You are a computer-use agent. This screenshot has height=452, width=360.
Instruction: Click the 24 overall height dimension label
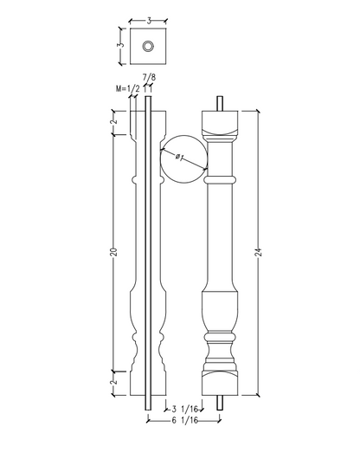[258, 252]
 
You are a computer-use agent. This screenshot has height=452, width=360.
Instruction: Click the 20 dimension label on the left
[114, 252]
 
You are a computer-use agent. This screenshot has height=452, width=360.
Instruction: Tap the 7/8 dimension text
[149, 77]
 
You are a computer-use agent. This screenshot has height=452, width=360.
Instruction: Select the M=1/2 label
[128, 88]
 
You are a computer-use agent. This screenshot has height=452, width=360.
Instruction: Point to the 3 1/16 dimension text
[185, 409]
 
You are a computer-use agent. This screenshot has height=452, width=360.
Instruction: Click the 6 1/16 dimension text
[185, 420]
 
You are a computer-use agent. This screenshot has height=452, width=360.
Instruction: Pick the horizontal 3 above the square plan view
[149, 21]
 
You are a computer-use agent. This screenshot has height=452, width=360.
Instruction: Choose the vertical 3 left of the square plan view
[121, 45]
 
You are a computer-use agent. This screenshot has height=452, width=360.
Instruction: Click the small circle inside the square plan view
[148, 46]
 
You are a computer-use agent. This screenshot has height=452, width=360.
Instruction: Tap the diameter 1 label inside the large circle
[179, 157]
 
